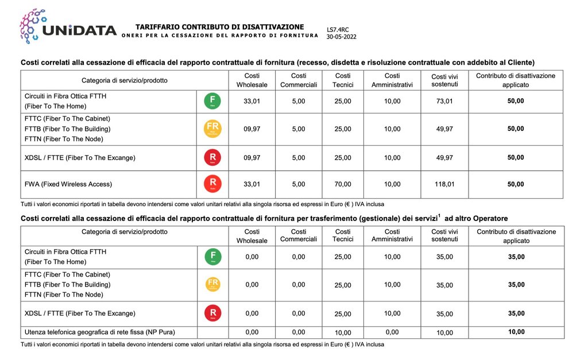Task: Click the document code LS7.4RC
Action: [338, 29]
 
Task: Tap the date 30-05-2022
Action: [342, 36]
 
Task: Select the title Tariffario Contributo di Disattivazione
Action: [219, 27]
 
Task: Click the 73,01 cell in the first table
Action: [444, 102]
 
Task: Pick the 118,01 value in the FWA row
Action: [444, 185]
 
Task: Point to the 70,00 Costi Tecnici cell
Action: [343, 185]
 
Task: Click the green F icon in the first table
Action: [212, 102]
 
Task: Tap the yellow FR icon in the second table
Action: [212, 284]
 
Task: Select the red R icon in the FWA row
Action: [212, 184]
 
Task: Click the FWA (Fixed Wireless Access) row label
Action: [68, 185]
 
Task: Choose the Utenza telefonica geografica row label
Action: [100, 332]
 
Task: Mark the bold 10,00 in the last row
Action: [516, 332]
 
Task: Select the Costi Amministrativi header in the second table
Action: [392, 236]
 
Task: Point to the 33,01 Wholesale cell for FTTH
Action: [252, 102]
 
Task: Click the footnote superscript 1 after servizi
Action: [439, 216]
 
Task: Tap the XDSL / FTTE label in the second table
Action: [80, 313]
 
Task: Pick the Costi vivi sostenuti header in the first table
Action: [444, 80]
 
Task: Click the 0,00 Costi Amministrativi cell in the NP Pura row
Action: [392, 332]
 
